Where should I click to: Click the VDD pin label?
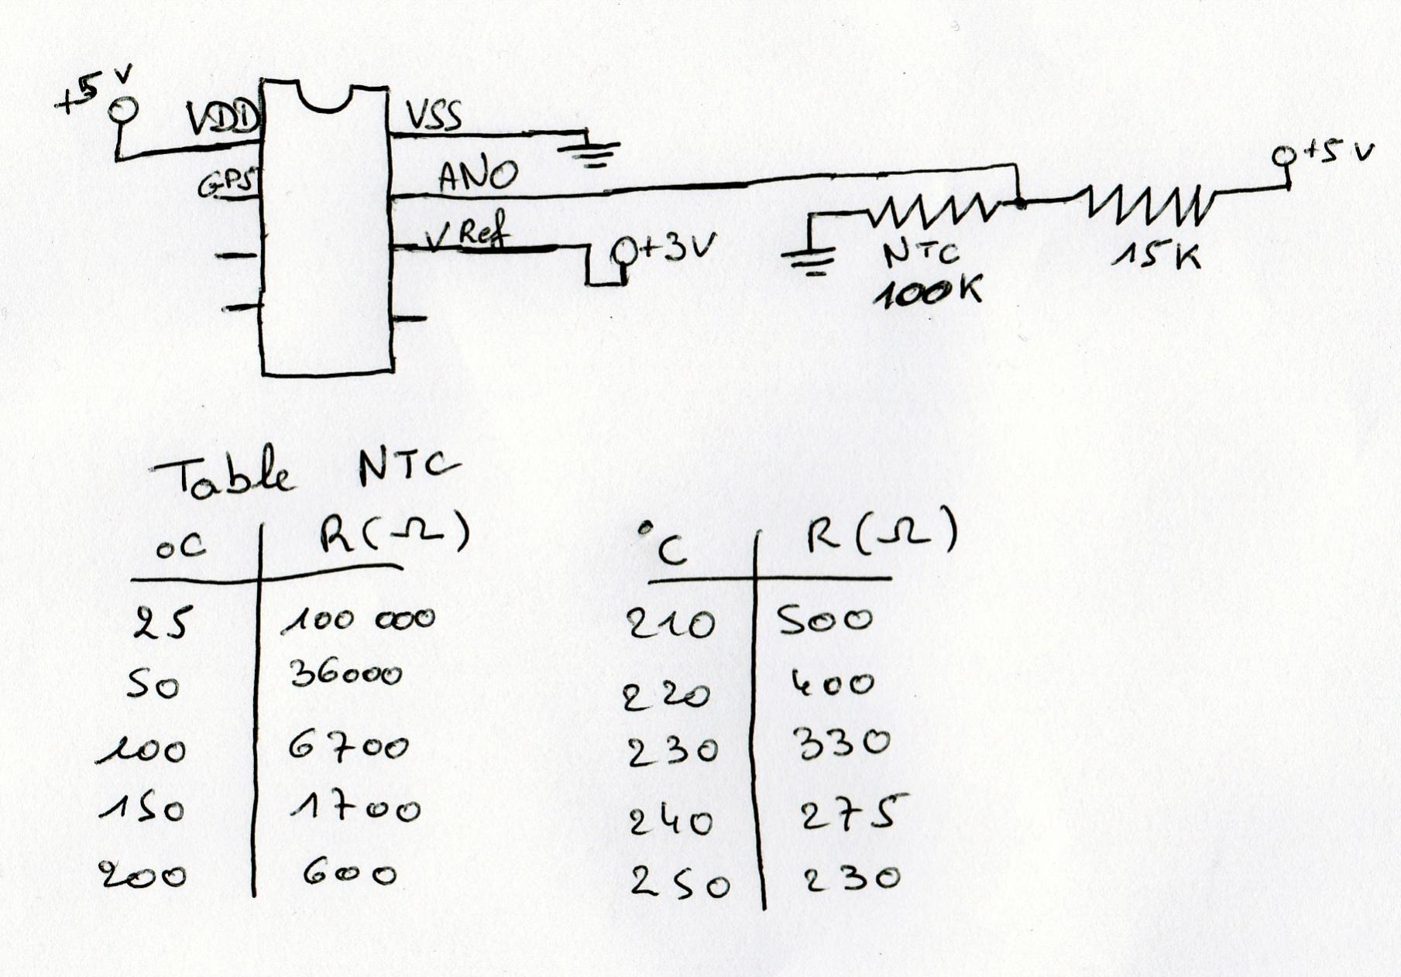(221, 120)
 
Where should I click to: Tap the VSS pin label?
(434, 116)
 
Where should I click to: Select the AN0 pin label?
(477, 176)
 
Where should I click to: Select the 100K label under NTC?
(927, 293)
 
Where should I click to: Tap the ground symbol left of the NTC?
(809, 260)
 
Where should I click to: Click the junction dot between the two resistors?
(1021, 204)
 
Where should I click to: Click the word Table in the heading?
(225, 477)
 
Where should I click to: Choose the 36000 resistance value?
(346, 674)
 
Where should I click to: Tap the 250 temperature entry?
(679, 883)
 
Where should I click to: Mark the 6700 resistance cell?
(349, 747)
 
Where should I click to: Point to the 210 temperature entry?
(671, 623)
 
